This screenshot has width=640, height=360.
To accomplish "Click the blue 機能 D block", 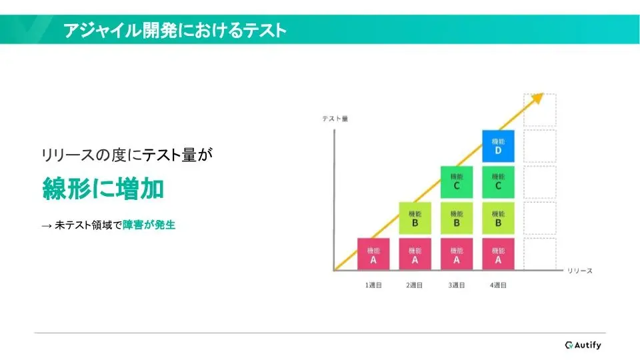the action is pos(498,146).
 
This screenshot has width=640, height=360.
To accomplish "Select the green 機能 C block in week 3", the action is pos(456,182).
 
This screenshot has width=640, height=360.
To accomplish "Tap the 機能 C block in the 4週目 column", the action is pos(498,182).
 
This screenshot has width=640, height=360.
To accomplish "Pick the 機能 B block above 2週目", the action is pos(415,218).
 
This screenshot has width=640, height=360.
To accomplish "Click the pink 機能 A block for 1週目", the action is pos(373,254).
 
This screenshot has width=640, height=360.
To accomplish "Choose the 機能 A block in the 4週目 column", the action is pos(498,254).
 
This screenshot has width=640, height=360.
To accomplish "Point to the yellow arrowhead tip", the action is pos(544,94).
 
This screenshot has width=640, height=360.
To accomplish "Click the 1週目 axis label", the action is pos(373,285).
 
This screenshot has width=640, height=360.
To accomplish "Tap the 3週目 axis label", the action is pos(456,285).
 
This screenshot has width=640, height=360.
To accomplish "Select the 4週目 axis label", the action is pos(498,285).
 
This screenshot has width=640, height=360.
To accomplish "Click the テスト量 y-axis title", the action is pos(335,119).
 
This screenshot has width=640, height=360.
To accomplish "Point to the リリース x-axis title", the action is pos(579,271).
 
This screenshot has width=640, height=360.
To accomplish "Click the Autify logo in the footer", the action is pos(583,345).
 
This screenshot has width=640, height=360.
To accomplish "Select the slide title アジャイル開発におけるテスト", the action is pos(175,30).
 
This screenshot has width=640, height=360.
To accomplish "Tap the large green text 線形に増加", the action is pos(103,189).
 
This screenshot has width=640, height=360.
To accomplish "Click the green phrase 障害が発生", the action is pos(149,225).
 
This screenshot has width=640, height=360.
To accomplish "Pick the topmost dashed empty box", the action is pos(539,110).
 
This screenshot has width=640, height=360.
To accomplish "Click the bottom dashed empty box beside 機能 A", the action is pos(539,254).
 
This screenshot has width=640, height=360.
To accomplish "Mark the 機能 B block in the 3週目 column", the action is pos(456,218).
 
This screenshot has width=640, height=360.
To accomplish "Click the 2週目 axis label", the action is pos(414,285).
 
